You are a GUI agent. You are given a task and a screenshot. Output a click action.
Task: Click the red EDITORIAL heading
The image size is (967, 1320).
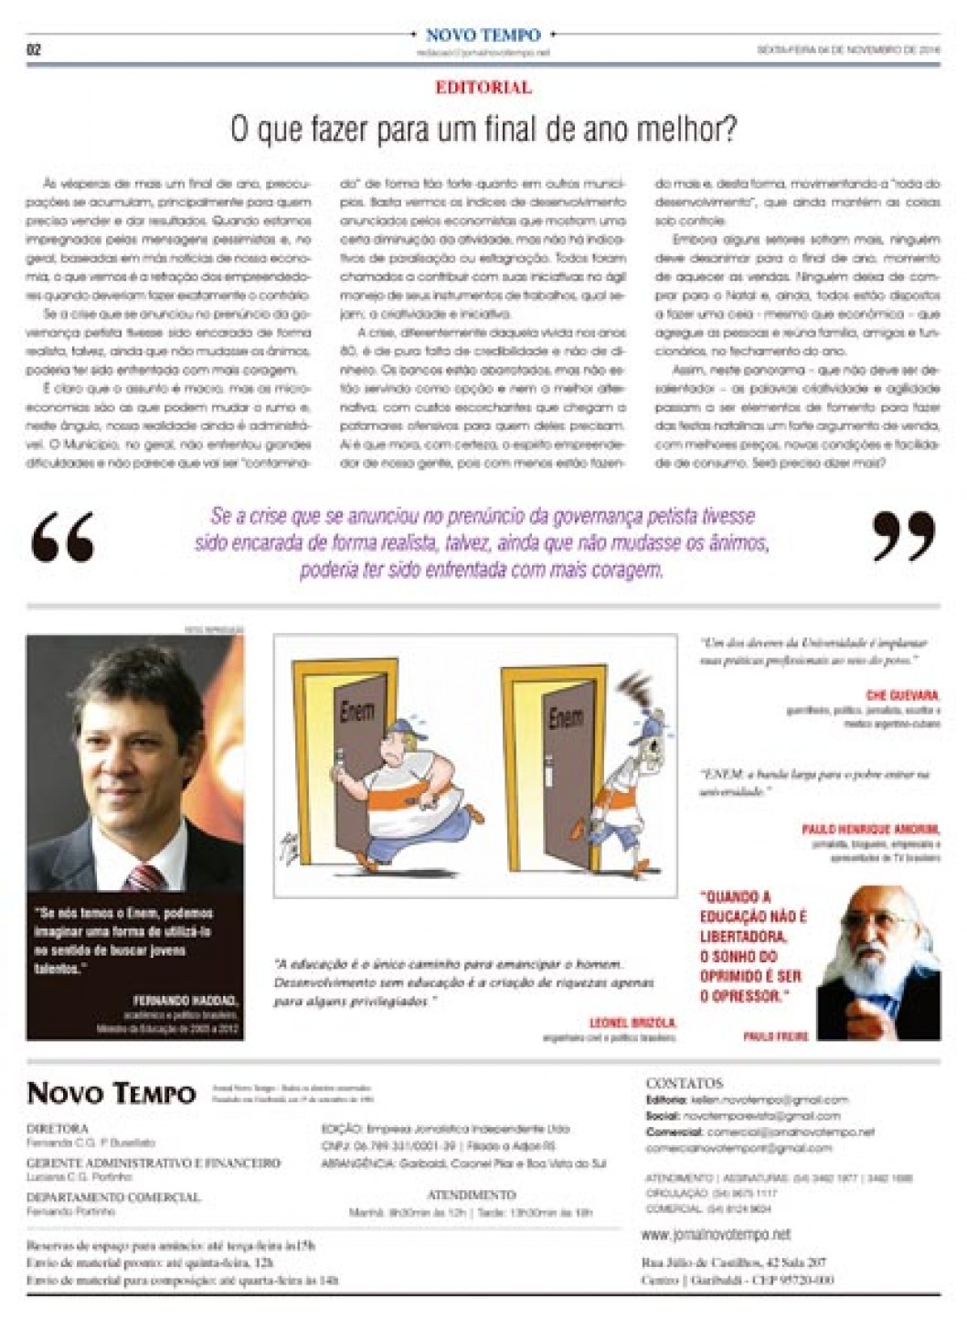pos(483,89)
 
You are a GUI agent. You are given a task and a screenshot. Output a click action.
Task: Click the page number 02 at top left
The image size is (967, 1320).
pos(36,50)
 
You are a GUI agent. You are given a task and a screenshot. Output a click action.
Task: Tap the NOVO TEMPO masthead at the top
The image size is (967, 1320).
pos(483,35)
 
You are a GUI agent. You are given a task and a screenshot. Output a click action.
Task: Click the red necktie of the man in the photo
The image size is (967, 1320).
pos(138,856)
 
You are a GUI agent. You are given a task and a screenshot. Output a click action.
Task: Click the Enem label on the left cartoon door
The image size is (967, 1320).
pos(353,710)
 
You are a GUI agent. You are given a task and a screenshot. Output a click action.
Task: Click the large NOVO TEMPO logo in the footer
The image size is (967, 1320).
pos(111,1093)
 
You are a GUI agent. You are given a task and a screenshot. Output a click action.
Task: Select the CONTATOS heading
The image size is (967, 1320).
pos(684,1083)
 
